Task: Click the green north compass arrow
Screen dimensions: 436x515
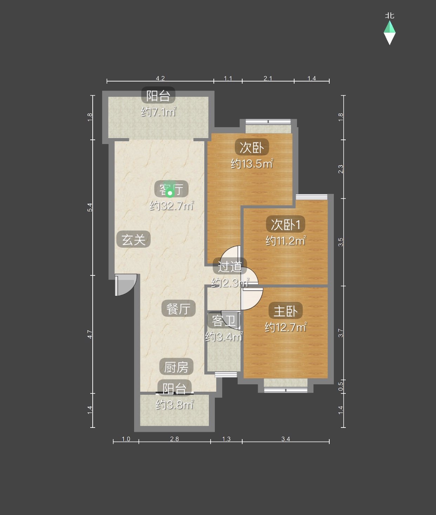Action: [x=389, y=27]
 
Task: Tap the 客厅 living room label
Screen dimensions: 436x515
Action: [x=171, y=189]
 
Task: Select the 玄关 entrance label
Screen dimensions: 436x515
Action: [x=133, y=239]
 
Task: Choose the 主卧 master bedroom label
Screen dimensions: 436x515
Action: [x=286, y=311]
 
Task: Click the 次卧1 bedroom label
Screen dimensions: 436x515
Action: [x=285, y=224]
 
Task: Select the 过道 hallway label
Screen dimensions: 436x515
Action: [x=230, y=266]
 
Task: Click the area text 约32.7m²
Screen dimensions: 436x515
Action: [x=172, y=206]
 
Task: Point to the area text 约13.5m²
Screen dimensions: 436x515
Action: [x=252, y=163]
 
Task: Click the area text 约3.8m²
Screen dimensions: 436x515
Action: [x=174, y=404]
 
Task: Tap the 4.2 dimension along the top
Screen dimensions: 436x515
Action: [x=160, y=78]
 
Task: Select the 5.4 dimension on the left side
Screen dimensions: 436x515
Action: [x=90, y=208]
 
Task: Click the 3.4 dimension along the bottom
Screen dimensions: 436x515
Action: [x=286, y=439]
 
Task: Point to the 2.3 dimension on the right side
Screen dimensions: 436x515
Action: [x=341, y=169]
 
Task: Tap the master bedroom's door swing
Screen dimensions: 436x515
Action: [x=252, y=299]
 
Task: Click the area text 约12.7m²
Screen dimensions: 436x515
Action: [x=286, y=327]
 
